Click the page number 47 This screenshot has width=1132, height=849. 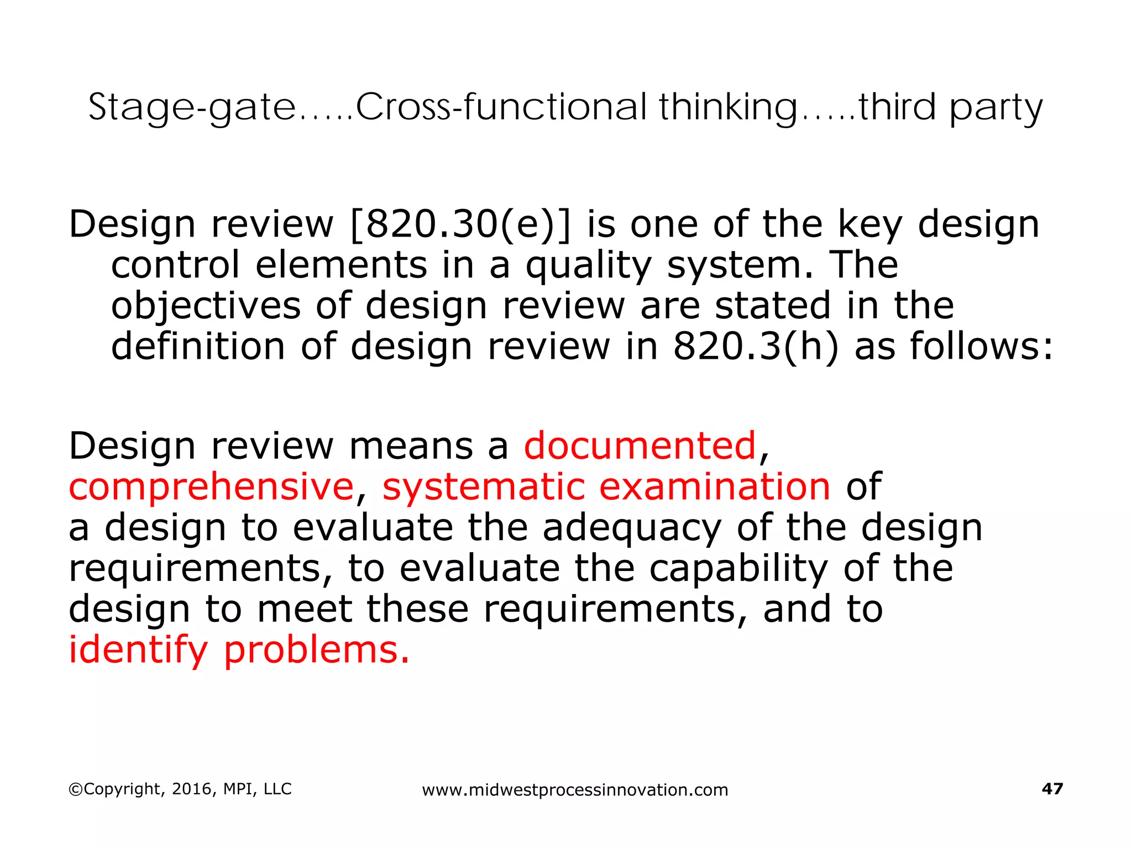[1052, 788]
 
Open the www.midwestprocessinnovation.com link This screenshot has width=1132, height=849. [575, 790]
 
